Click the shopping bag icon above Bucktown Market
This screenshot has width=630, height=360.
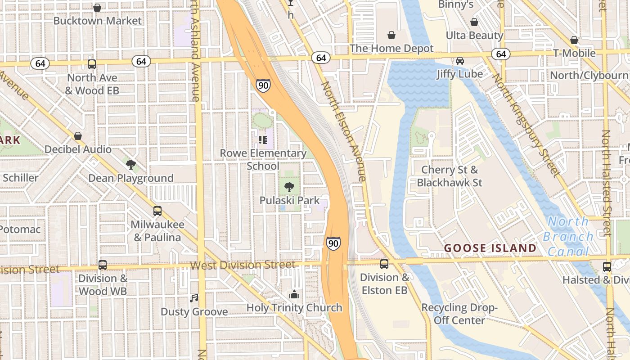coord(97,8)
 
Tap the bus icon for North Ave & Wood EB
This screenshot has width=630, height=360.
coord(92,64)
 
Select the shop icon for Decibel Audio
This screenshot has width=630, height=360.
coord(78,136)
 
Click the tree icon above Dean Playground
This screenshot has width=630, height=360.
coord(131,165)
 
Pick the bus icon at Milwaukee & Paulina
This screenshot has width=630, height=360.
coord(157,211)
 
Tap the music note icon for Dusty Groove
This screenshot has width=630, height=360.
coord(194,298)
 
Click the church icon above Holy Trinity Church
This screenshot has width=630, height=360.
coord(294,295)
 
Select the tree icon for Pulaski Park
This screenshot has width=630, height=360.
coord(289,187)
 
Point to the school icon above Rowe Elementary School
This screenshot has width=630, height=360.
coord(263,140)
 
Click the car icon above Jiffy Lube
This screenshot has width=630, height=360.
coord(459,61)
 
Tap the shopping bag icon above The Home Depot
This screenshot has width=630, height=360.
coord(391,35)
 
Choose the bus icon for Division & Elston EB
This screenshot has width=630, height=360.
coord(384,264)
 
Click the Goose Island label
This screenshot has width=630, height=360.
coord(490,248)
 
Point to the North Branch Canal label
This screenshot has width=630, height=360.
coord(568,236)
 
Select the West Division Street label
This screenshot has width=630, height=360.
coord(243,265)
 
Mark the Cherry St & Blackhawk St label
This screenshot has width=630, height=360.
coord(449,176)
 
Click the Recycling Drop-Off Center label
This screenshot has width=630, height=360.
coord(459,314)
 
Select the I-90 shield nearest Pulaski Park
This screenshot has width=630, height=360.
coord(333,243)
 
